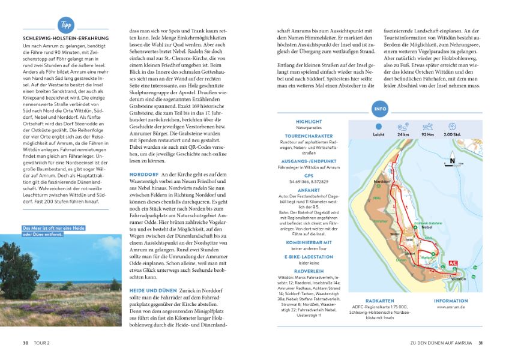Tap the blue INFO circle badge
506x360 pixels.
[379, 110]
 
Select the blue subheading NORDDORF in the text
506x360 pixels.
[143, 174]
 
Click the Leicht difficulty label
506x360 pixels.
[378, 135]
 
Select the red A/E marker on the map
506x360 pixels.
[453, 263]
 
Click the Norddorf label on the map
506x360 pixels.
[382, 181]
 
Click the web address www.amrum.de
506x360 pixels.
[450, 307]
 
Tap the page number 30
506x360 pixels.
[26, 343]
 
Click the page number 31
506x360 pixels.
[480, 343]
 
